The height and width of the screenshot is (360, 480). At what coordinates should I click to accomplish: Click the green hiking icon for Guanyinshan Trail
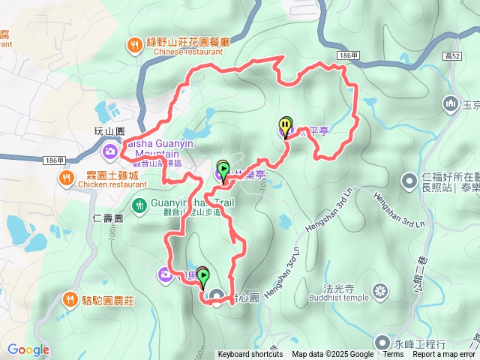(139, 204)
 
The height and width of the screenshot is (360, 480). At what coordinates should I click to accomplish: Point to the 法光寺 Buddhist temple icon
(381, 291)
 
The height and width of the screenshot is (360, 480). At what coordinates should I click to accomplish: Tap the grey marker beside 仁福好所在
(409, 180)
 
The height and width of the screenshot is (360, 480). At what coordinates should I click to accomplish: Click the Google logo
(28, 349)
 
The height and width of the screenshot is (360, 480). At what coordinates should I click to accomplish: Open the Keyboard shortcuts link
(250, 355)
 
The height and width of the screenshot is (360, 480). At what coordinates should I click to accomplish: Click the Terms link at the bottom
(393, 355)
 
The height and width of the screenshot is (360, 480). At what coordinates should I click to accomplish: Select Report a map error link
(443, 355)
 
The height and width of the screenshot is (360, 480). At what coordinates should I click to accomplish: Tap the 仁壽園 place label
(109, 216)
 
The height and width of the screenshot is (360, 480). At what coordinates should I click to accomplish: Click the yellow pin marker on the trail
(285, 126)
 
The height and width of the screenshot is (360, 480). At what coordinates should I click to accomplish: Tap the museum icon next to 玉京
(451, 103)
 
